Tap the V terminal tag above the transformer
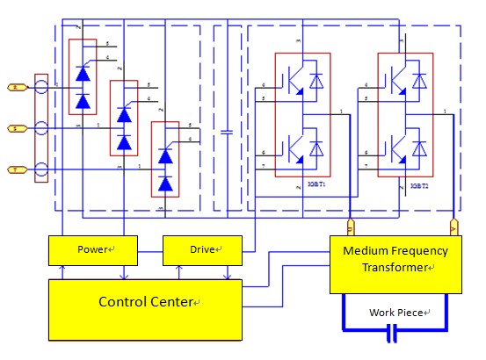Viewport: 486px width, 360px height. (453, 227)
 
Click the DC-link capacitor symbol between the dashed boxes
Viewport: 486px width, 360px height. (228, 132)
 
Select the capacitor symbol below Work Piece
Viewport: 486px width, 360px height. (393, 333)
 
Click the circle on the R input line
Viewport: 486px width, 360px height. (41, 88)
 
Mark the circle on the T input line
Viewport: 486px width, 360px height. (41, 169)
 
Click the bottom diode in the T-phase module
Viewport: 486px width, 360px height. (165, 183)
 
